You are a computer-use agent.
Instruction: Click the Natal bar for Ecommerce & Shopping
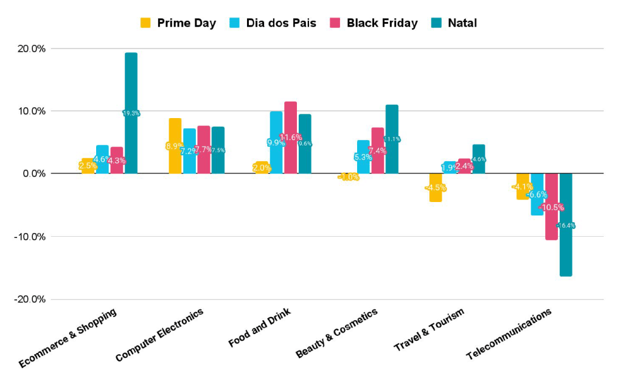point(131,85)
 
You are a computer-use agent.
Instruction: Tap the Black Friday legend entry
point(374,23)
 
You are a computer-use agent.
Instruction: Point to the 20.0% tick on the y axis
point(30,49)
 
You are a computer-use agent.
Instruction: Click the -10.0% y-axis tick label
point(29,237)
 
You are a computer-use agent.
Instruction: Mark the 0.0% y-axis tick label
point(32,174)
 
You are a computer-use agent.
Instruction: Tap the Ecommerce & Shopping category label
point(68,337)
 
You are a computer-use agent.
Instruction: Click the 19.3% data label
point(131,113)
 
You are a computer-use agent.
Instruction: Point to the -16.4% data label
point(566,226)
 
